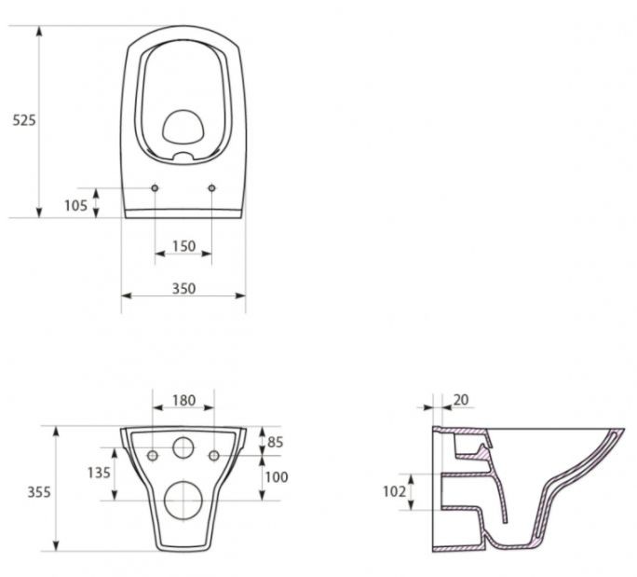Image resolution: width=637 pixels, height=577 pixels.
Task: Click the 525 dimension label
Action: point(24,120)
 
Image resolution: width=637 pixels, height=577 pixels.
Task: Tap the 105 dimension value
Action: point(75,206)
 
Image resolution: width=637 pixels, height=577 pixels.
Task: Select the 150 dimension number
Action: point(184,246)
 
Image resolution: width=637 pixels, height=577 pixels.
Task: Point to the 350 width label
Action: point(184,289)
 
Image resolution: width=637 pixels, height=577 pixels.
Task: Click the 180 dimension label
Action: point(184,401)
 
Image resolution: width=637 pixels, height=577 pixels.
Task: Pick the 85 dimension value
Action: point(275,442)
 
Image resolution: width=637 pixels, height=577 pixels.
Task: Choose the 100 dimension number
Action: point(277,477)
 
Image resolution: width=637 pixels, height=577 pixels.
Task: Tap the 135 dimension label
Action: point(99,473)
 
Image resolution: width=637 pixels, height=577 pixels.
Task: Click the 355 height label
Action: point(39,492)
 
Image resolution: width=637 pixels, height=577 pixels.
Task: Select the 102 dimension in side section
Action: point(395,491)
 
